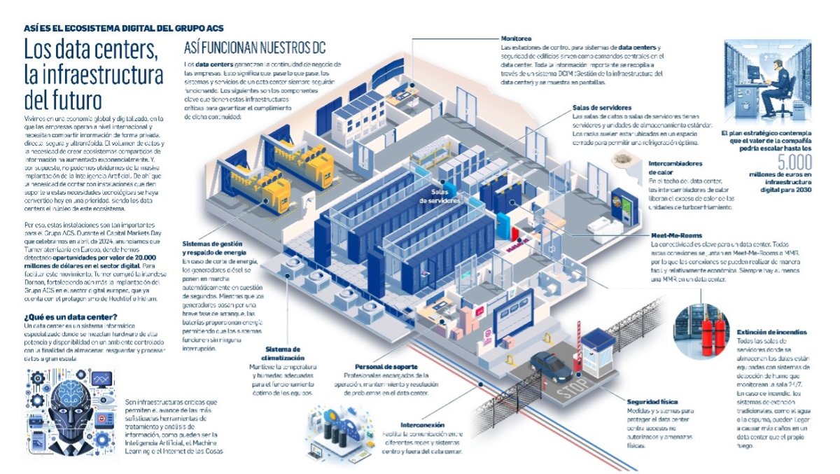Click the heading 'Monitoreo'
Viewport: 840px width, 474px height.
pyautogui.click(x=518, y=38)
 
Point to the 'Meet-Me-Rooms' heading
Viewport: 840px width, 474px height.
pyautogui.click(x=676, y=236)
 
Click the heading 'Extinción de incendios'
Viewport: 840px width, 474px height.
pyautogui.click(x=771, y=332)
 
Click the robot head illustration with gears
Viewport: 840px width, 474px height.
pyautogui.click(x=66, y=413)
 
